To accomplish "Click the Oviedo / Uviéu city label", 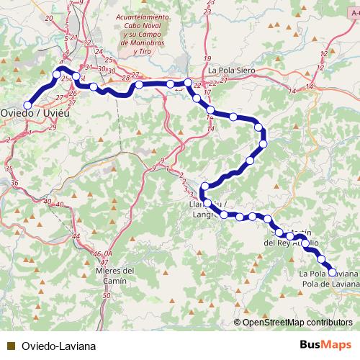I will [x=30, y=113].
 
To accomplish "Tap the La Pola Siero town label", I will [x=233, y=71].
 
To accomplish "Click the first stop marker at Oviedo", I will [x=27, y=105].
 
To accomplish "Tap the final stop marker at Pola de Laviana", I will [x=333, y=272].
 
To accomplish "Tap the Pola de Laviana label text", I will [x=329, y=284].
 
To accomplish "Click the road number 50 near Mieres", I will [x=107, y=296].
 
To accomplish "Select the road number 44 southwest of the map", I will [x=76, y=236].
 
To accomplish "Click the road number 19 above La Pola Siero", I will [x=207, y=58].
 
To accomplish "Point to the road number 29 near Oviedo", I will [x=52, y=127].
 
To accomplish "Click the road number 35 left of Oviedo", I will [x=9, y=168].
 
